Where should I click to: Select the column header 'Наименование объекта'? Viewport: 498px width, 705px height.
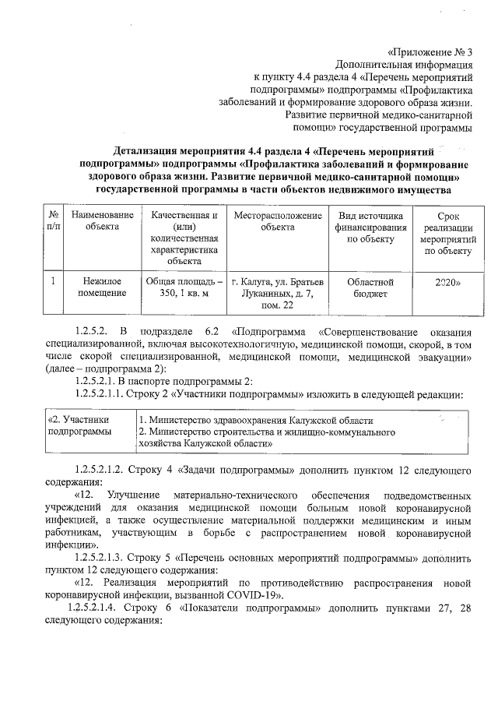102,220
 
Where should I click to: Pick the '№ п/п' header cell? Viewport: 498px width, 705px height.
54,220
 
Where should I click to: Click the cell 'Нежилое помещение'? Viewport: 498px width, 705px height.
102,287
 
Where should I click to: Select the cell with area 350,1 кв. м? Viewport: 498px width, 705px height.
184,287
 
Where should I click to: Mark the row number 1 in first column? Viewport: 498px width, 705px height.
54,281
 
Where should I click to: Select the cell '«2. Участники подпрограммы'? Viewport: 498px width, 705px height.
78,425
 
